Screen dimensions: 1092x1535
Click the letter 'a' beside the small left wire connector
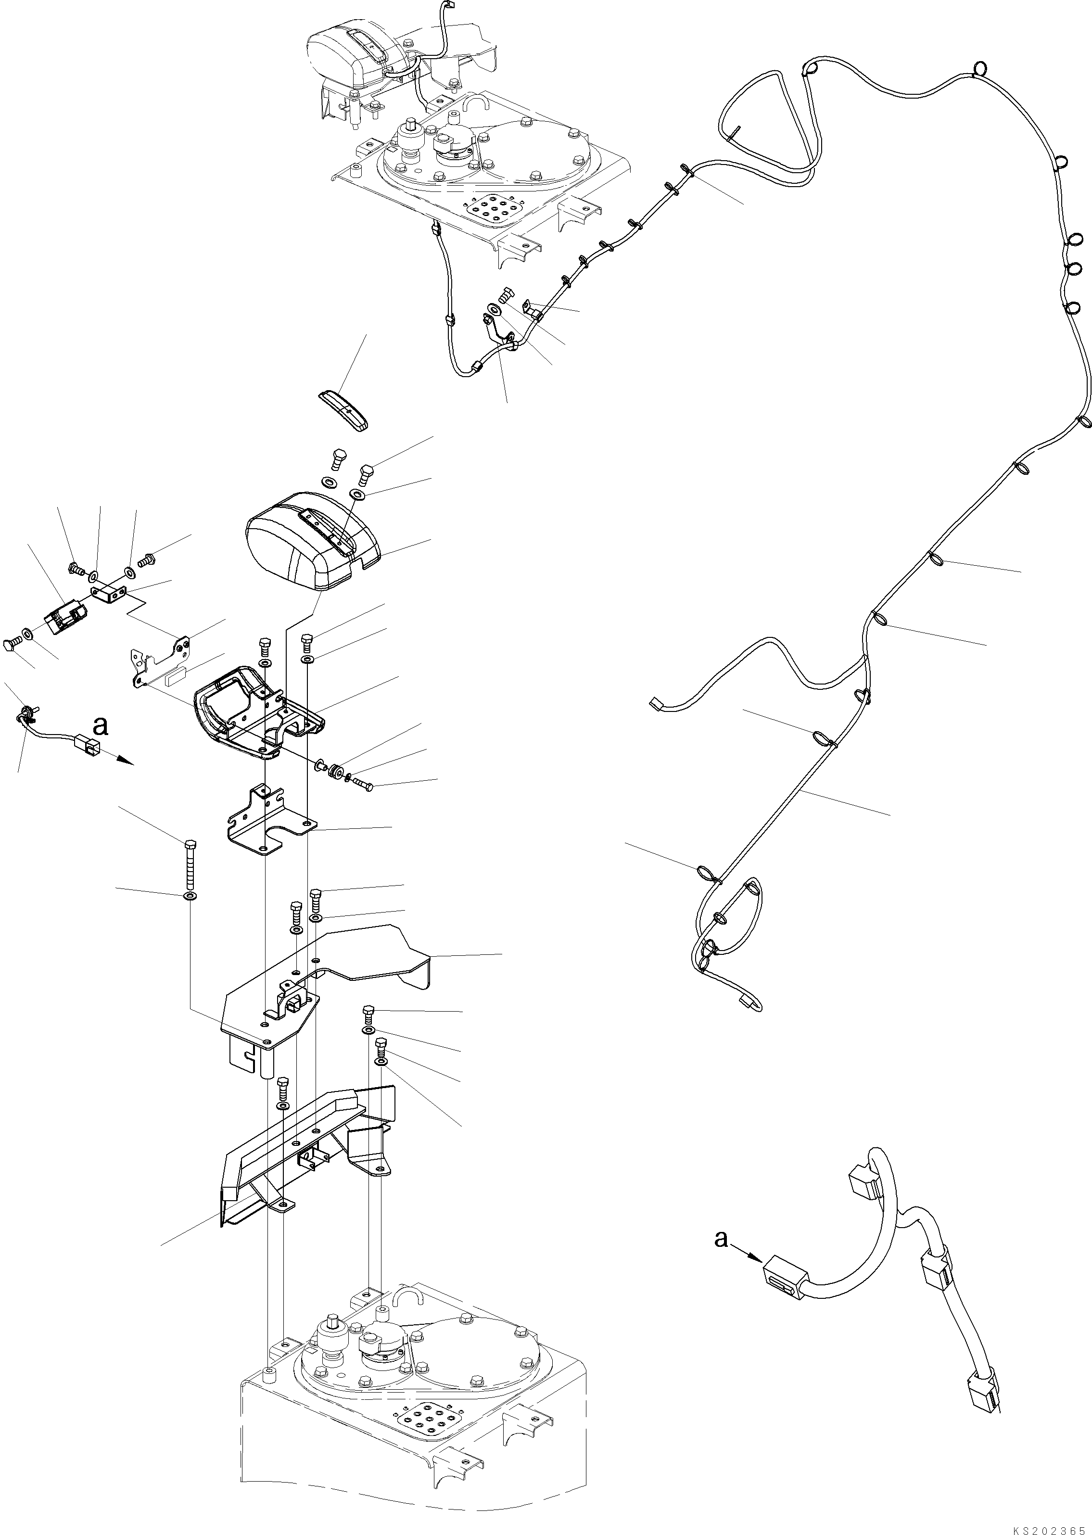click(100, 725)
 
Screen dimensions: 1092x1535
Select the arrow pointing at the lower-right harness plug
click(747, 1253)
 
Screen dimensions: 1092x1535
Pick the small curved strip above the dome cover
click(343, 409)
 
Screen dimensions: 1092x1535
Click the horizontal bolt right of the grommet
click(361, 783)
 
